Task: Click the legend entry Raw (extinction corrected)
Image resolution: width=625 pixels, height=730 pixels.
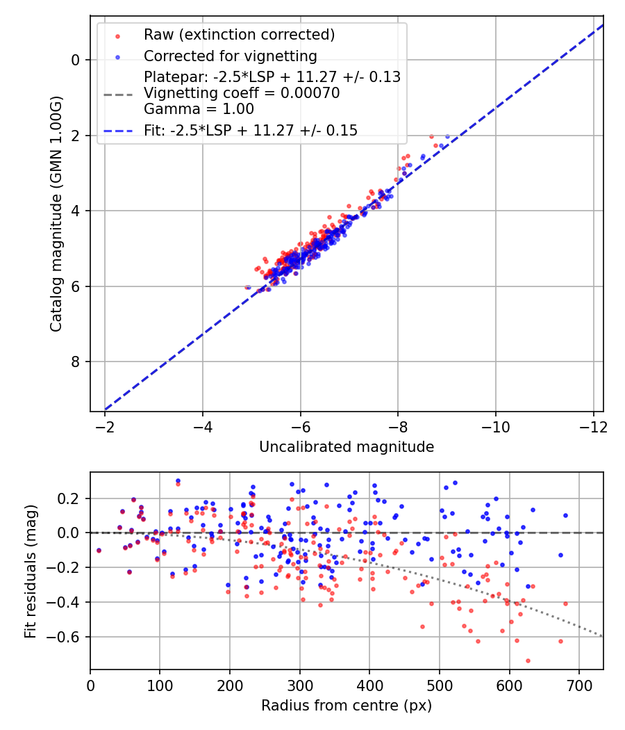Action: tap(239, 34)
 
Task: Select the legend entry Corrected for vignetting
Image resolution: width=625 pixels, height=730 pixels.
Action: tap(230, 56)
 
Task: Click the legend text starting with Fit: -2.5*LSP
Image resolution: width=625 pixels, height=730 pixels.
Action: tap(251, 130)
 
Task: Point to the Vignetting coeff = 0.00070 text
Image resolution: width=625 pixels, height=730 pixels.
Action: tap(242, 93)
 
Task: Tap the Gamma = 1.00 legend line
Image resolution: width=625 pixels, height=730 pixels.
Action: tap(199, 109)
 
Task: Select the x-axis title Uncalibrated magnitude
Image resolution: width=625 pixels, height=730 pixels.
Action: tap(347, 447)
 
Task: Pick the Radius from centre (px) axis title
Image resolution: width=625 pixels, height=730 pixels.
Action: tap(347, 706)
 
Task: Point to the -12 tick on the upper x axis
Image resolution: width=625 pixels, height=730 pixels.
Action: tap(593, 423)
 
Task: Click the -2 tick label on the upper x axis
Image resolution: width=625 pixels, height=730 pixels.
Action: tap(105, 423)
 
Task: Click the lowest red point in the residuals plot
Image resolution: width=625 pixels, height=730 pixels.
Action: tap(528, 660)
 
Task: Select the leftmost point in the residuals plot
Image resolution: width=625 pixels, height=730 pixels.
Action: tap(99, 550)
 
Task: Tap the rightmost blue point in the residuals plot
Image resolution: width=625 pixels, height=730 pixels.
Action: tap(565, 515)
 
